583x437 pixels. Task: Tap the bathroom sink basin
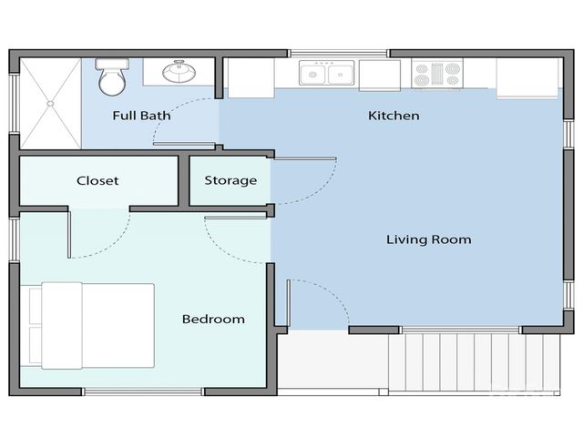[x=178, y=71]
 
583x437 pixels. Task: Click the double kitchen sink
[x=326, y=74]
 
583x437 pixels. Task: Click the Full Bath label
[x=141, y=116]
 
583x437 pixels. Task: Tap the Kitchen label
[x=394, y=116]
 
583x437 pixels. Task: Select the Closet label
[x=97, y=180]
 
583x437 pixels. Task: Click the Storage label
[x=230, y=180]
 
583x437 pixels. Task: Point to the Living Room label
[x=428, y=239]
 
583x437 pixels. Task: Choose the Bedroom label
[x=213, y=319]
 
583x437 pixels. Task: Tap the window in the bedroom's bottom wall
[x=144, y=392]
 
